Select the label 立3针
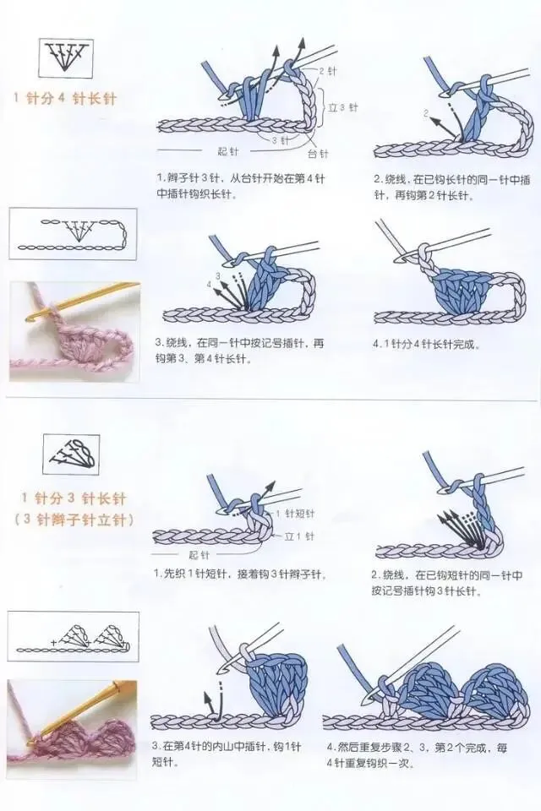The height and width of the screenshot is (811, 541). click(343, 107)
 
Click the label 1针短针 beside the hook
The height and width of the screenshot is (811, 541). click(295, 513)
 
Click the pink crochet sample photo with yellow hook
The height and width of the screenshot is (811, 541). click(74, 331)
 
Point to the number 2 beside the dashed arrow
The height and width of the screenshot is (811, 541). click(427, 112)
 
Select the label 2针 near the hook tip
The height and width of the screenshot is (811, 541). click(326, 71)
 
